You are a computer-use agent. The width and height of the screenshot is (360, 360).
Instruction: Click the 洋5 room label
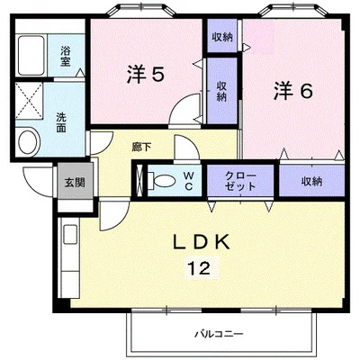click(x=145, y=74)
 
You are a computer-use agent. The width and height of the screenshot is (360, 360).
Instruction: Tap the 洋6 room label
click(x=293, y=90)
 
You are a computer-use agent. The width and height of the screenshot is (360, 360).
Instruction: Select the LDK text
click(x=202, y=242)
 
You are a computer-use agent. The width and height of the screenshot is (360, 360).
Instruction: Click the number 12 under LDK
click(x=199, y=267)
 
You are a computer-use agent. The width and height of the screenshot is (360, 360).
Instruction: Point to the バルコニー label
click(x=219, y=334)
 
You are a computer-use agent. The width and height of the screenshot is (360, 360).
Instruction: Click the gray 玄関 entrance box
click(x=76, y=181)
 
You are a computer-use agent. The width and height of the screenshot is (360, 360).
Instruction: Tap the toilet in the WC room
click(x=162, y=181)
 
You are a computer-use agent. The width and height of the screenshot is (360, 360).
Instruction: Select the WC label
click(x=188, y=181)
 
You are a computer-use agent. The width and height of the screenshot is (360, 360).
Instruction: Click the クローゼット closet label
click(x=240, y=181)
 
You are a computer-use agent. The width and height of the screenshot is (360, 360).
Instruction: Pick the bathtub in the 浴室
click(x=31, y=56)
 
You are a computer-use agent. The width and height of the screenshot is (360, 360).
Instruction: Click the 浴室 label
click(x=65, y=57)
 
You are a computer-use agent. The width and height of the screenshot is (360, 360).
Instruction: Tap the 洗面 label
click(x=61, y=122)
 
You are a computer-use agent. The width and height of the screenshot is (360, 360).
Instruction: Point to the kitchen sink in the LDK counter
click(x=70, y=235)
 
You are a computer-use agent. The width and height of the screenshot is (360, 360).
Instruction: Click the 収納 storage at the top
click(x=222, y=37)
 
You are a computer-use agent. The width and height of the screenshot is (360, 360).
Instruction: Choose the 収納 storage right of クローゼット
click(x=311, y=181)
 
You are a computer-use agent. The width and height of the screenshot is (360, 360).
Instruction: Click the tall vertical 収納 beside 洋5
click(x=221, y=91)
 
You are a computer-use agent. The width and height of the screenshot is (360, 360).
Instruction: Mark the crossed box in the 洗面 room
click(x=29, y=101)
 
